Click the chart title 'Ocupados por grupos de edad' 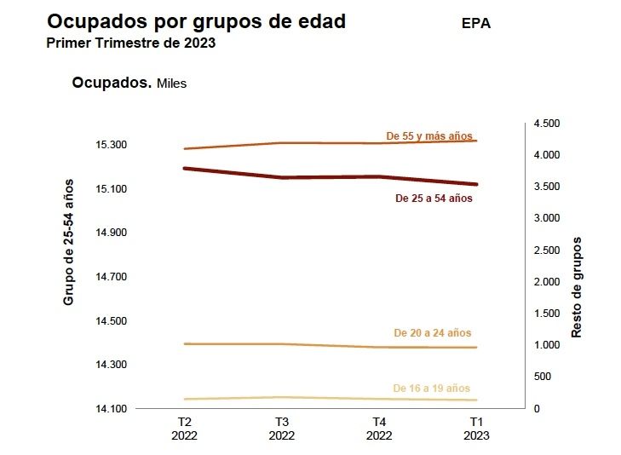coord(196,22)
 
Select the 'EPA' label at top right coord(476,24)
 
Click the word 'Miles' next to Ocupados coord(171,84)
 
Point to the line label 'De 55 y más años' coord(428,135)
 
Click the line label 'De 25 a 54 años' coord(434,199)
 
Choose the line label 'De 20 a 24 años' coord(432,333)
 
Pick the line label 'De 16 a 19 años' coord(431,389)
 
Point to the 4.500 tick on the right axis coord(547,124)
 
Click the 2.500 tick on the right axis coord(547,251)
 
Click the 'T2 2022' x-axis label coord(184,429)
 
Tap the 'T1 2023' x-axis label coord(477,429)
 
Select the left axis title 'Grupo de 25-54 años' coord(69,242)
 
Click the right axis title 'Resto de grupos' coord(577,287)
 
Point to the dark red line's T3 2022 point coord(282,177)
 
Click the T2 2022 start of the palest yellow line coord(185,399)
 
